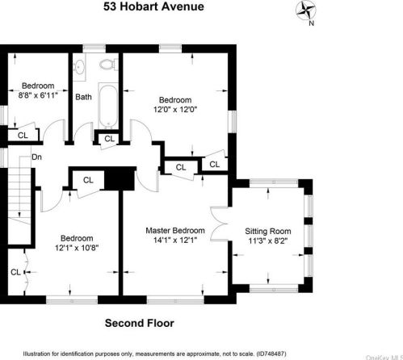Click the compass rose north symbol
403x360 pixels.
point(306,10)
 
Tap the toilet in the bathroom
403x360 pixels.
point(108,65)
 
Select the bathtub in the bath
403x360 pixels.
point(108,106)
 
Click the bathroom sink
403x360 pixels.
point(79,67)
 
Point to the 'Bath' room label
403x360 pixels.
point(83,97)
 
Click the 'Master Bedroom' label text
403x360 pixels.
point(175,231)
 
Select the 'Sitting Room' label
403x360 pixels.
point(268,231)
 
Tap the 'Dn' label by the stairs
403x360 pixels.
point(36,157)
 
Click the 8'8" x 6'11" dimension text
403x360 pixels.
point(38,95)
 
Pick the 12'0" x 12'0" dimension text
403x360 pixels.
point(175,110)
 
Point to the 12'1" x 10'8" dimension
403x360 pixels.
point(77,248)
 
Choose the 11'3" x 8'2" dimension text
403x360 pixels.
point(268,241)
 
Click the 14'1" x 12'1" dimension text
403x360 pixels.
point(175,240)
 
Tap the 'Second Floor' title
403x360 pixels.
point(140,323)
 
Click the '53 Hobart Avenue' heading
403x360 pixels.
point(153,6)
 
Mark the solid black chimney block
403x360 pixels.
point(120,178)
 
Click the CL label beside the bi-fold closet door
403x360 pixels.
point(15,272)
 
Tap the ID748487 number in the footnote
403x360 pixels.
point(271,354)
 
